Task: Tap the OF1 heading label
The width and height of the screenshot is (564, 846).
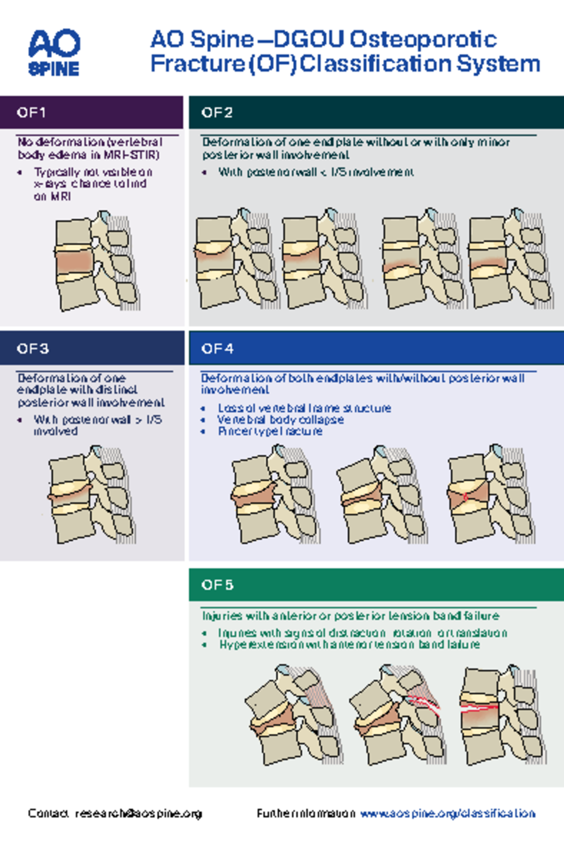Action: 31,113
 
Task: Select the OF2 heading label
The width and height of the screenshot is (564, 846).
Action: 217,113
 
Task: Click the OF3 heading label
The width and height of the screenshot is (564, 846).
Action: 32,349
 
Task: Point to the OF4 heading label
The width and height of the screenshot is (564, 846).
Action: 217,349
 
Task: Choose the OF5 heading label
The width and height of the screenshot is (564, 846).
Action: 217,585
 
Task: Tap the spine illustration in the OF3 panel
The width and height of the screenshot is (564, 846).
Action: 92,496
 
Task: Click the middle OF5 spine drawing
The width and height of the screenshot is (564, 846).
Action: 397,714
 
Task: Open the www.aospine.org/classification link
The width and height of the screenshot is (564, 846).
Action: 447,814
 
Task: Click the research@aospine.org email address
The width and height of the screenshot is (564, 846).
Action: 139,814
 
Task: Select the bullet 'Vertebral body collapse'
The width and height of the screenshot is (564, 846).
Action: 280,420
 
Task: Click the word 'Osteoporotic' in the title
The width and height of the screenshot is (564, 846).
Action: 423,39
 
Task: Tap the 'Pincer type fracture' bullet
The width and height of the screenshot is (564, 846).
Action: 270,431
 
